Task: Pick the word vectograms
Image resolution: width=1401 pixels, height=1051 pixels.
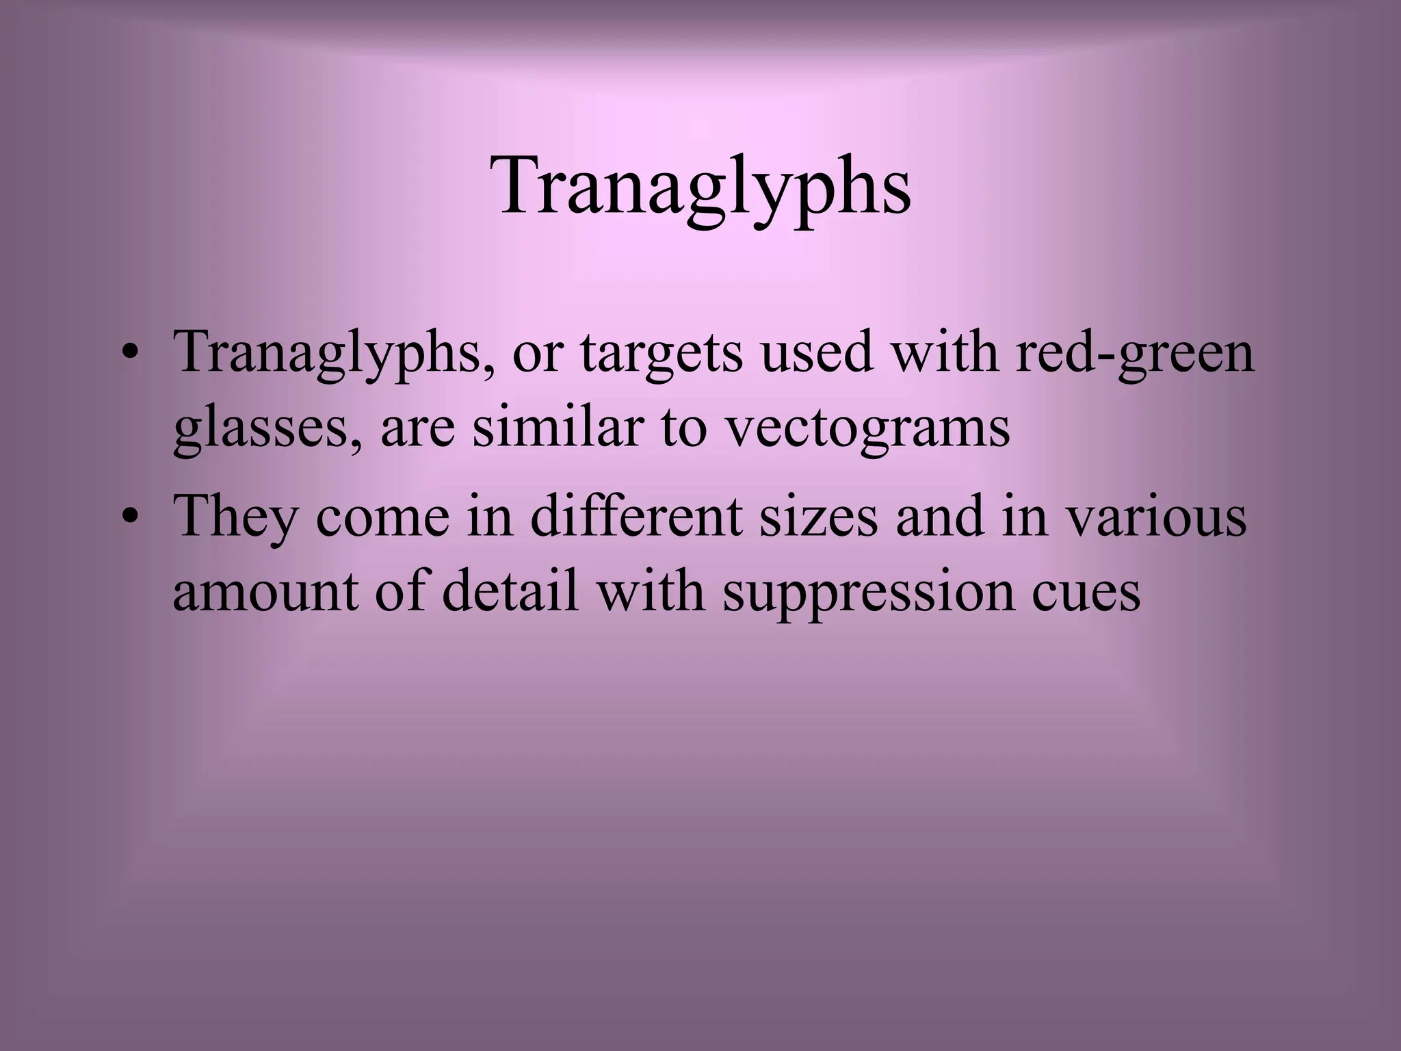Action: point(867,428)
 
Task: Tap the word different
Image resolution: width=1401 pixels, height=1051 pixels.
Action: point(636,517)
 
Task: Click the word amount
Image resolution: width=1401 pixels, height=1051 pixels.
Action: point(264,592)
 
